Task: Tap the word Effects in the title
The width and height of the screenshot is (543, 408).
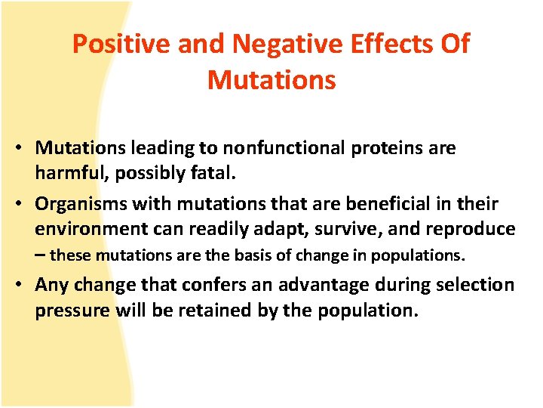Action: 390,45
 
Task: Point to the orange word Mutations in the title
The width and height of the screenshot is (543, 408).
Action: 271,80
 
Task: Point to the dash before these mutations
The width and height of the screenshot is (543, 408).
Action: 39,255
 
